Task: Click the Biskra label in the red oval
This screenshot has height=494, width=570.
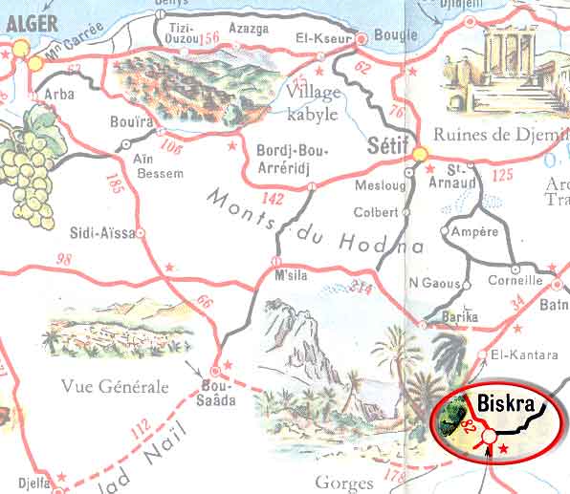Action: click(x=508, y=399)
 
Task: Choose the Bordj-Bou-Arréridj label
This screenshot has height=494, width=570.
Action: click(x=293, y=159)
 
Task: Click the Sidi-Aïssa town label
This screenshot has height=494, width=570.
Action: click(x=103, y=231)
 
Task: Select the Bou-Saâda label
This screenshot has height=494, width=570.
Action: click(x=218, y=394)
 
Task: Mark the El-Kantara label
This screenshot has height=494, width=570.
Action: click(x=523, y=355)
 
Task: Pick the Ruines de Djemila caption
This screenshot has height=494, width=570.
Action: click(x=500, y=135)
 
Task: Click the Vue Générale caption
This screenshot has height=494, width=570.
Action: click(x=114, y=386)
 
